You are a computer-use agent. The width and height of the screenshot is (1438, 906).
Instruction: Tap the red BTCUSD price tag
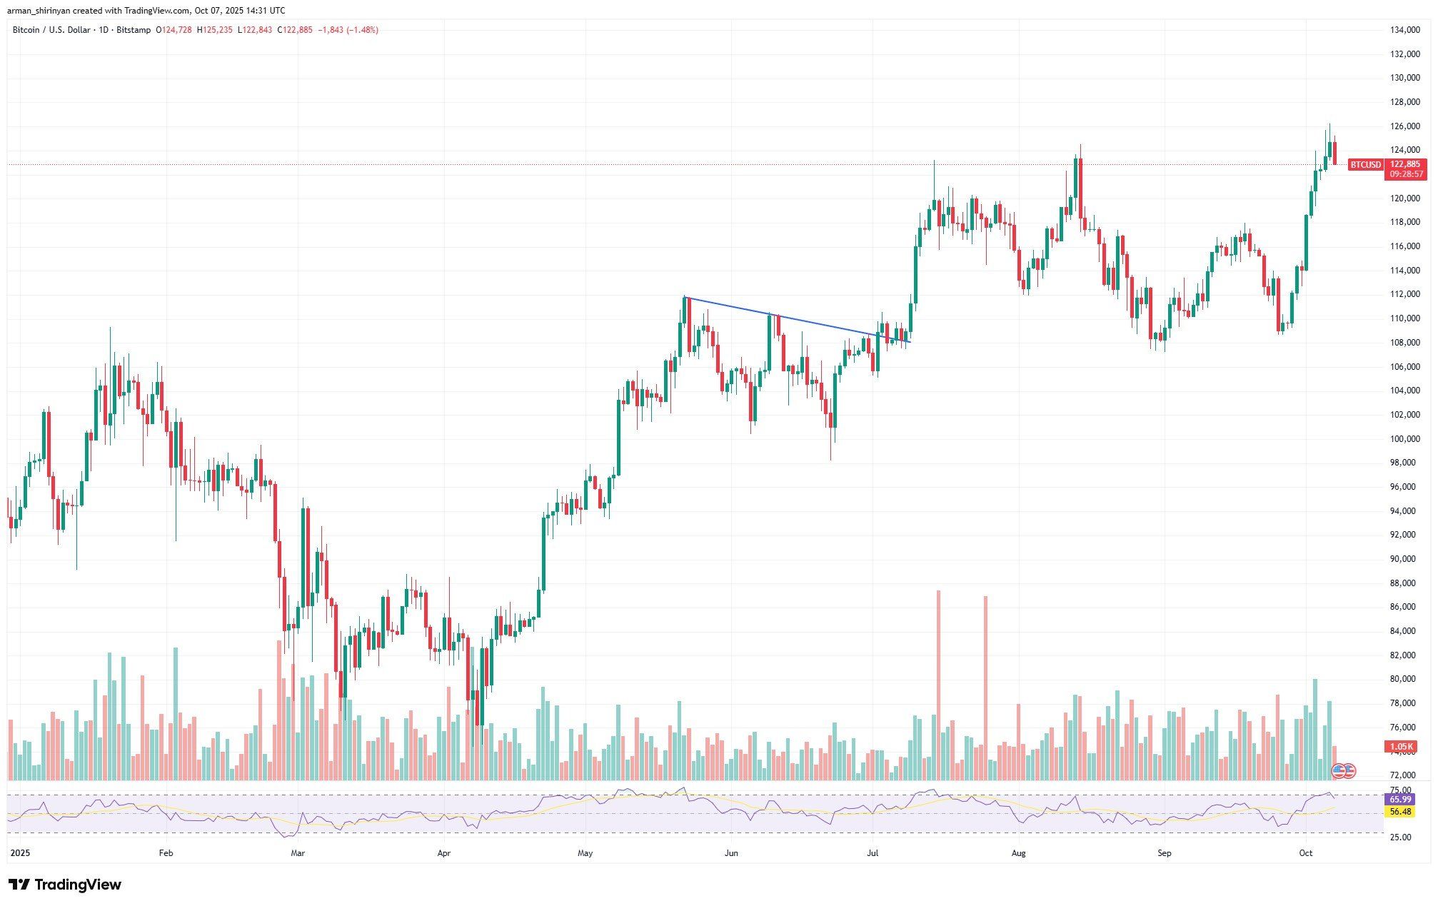click(x=1365, y=165)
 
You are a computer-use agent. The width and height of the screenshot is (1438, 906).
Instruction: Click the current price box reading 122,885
click(x=1404, y=164)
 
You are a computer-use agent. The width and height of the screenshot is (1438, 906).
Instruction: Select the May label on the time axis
click(x=585, y=853)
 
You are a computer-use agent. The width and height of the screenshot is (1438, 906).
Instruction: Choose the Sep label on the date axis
click(x=1165, y=853)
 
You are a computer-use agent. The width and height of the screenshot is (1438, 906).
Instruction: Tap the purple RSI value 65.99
click(x=1400, y=800)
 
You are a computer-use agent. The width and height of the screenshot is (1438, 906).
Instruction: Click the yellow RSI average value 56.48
click(x=1400, y=812)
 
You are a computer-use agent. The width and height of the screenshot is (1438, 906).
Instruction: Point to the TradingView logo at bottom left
click(x=65, y=885)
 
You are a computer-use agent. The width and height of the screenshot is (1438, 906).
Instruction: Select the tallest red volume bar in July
click(x=938, y=685)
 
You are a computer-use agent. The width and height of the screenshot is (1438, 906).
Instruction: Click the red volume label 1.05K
click(x=1400, y=747)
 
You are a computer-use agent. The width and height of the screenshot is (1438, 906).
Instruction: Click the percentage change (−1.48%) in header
click(x=363, y=30)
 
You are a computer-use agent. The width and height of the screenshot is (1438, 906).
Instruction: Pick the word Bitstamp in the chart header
click(x=134, y=30)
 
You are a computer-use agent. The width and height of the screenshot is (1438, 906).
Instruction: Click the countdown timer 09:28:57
click(x=1404, y=174)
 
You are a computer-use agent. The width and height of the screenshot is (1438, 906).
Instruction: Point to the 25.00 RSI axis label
click(x=1400, y=837)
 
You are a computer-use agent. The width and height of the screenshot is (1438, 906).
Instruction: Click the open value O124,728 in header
click(x=174, y=30)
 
